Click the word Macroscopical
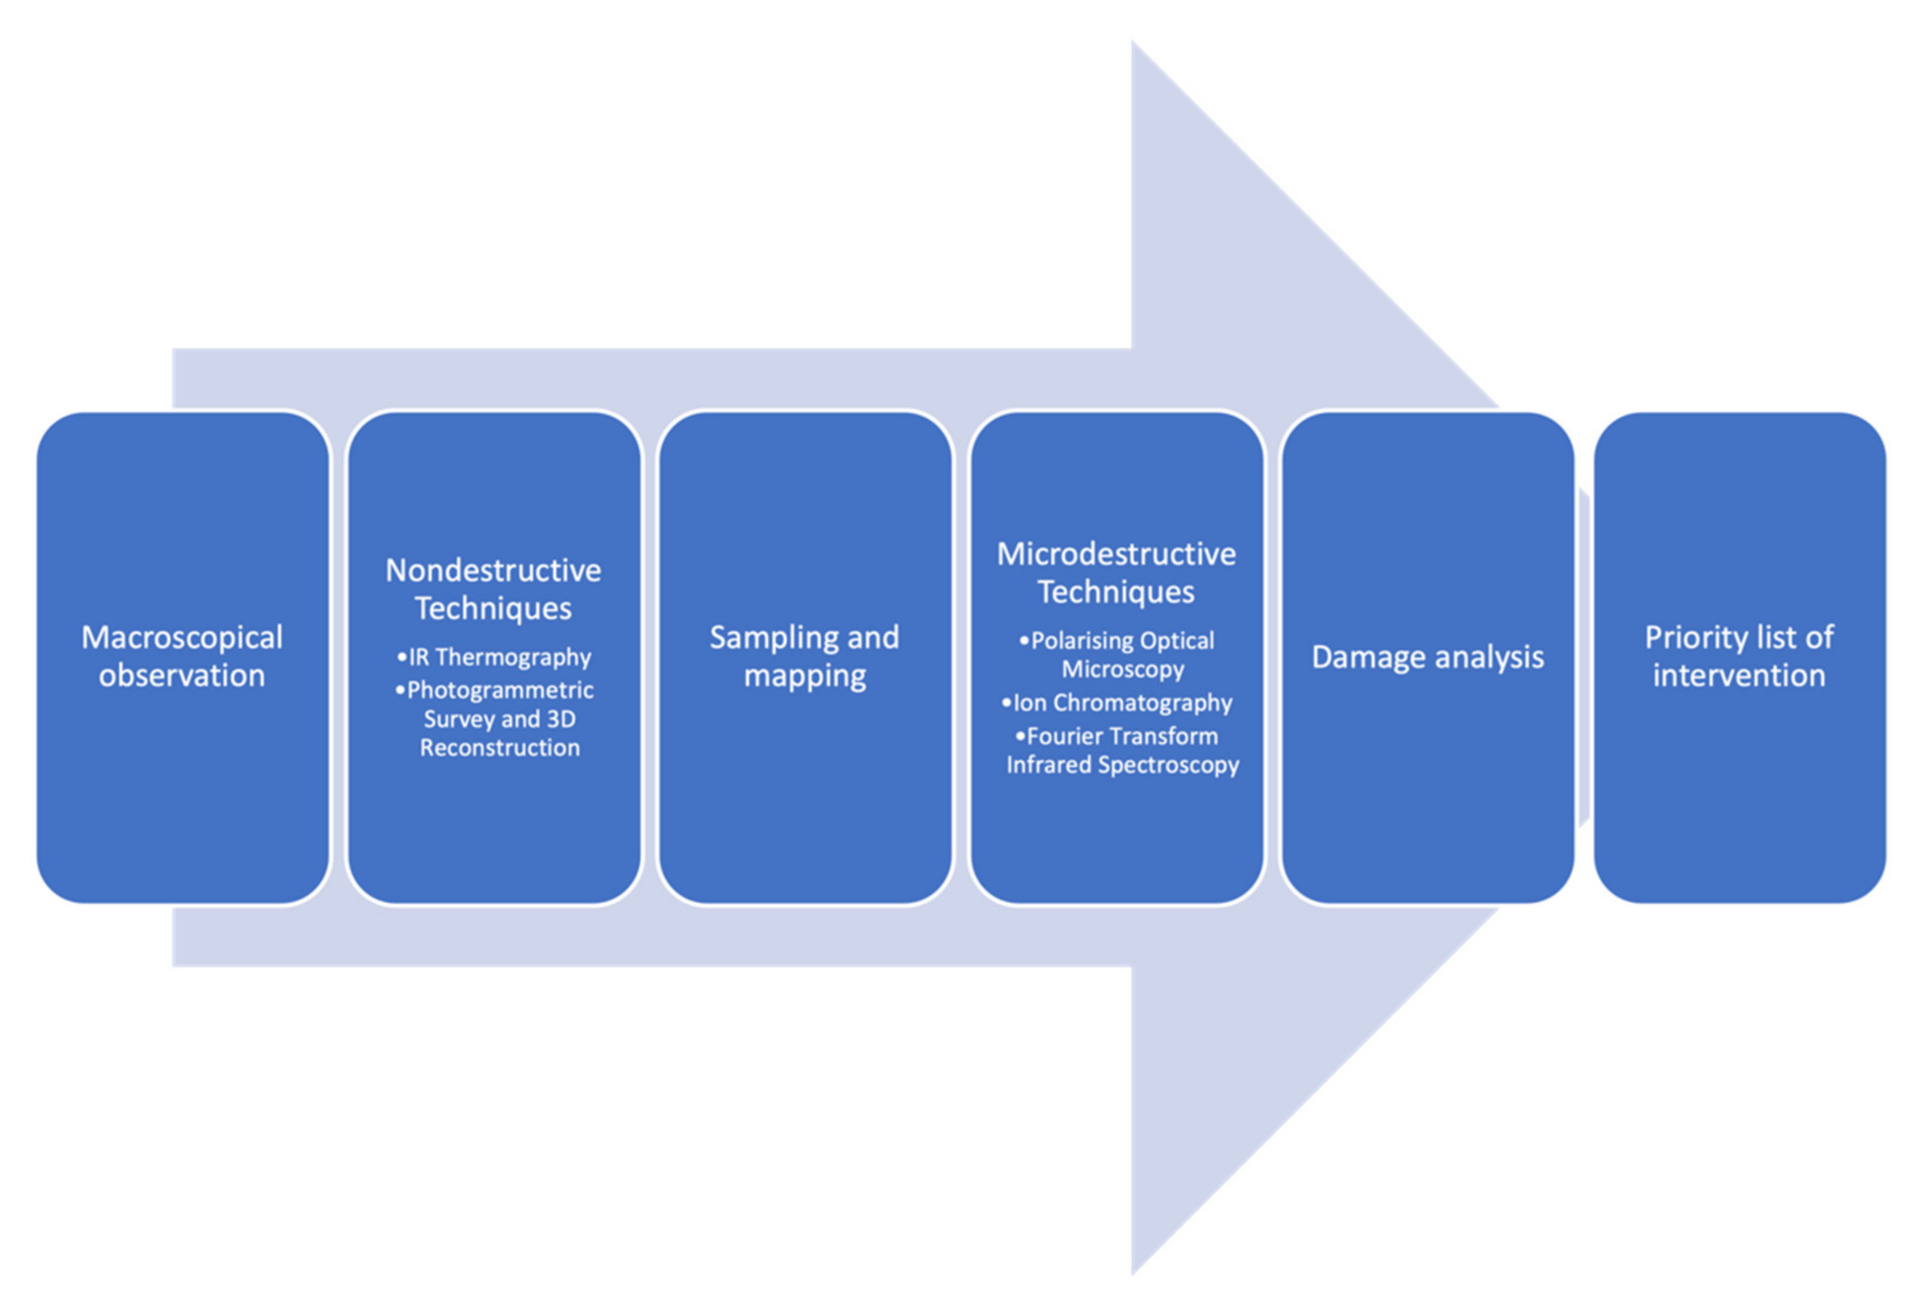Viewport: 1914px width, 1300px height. [182, 638]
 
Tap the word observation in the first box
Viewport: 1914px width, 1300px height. [182, 675]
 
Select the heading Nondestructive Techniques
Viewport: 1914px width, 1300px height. [493, 589]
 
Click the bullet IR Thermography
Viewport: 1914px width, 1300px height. [494, 657]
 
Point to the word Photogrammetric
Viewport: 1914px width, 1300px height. [500, 690]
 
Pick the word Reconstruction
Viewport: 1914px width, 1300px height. [500, 748]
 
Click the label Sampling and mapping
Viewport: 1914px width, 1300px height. [805, 657]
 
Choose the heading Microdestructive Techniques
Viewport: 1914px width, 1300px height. [1116, 573]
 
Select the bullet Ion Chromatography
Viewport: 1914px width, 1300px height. [1117, 703]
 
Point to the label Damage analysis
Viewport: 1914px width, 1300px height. [1427, 657]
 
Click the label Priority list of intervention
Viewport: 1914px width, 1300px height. [1739, 657]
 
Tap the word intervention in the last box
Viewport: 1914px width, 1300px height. [1739, 675]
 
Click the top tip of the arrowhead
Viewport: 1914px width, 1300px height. [1133, 43]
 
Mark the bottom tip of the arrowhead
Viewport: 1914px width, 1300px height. [1133, 1273]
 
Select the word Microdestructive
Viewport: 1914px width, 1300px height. [1116, 554]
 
